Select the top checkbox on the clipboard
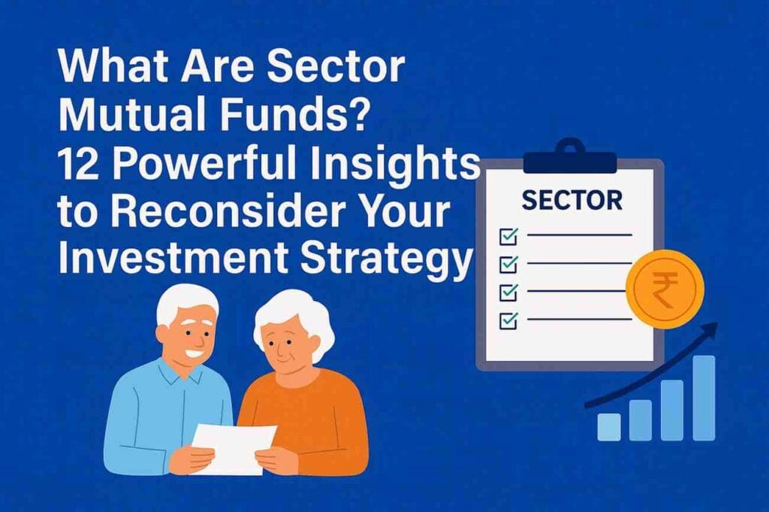[508, 237]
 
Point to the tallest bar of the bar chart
[704, 398]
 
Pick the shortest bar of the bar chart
[608, 426]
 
